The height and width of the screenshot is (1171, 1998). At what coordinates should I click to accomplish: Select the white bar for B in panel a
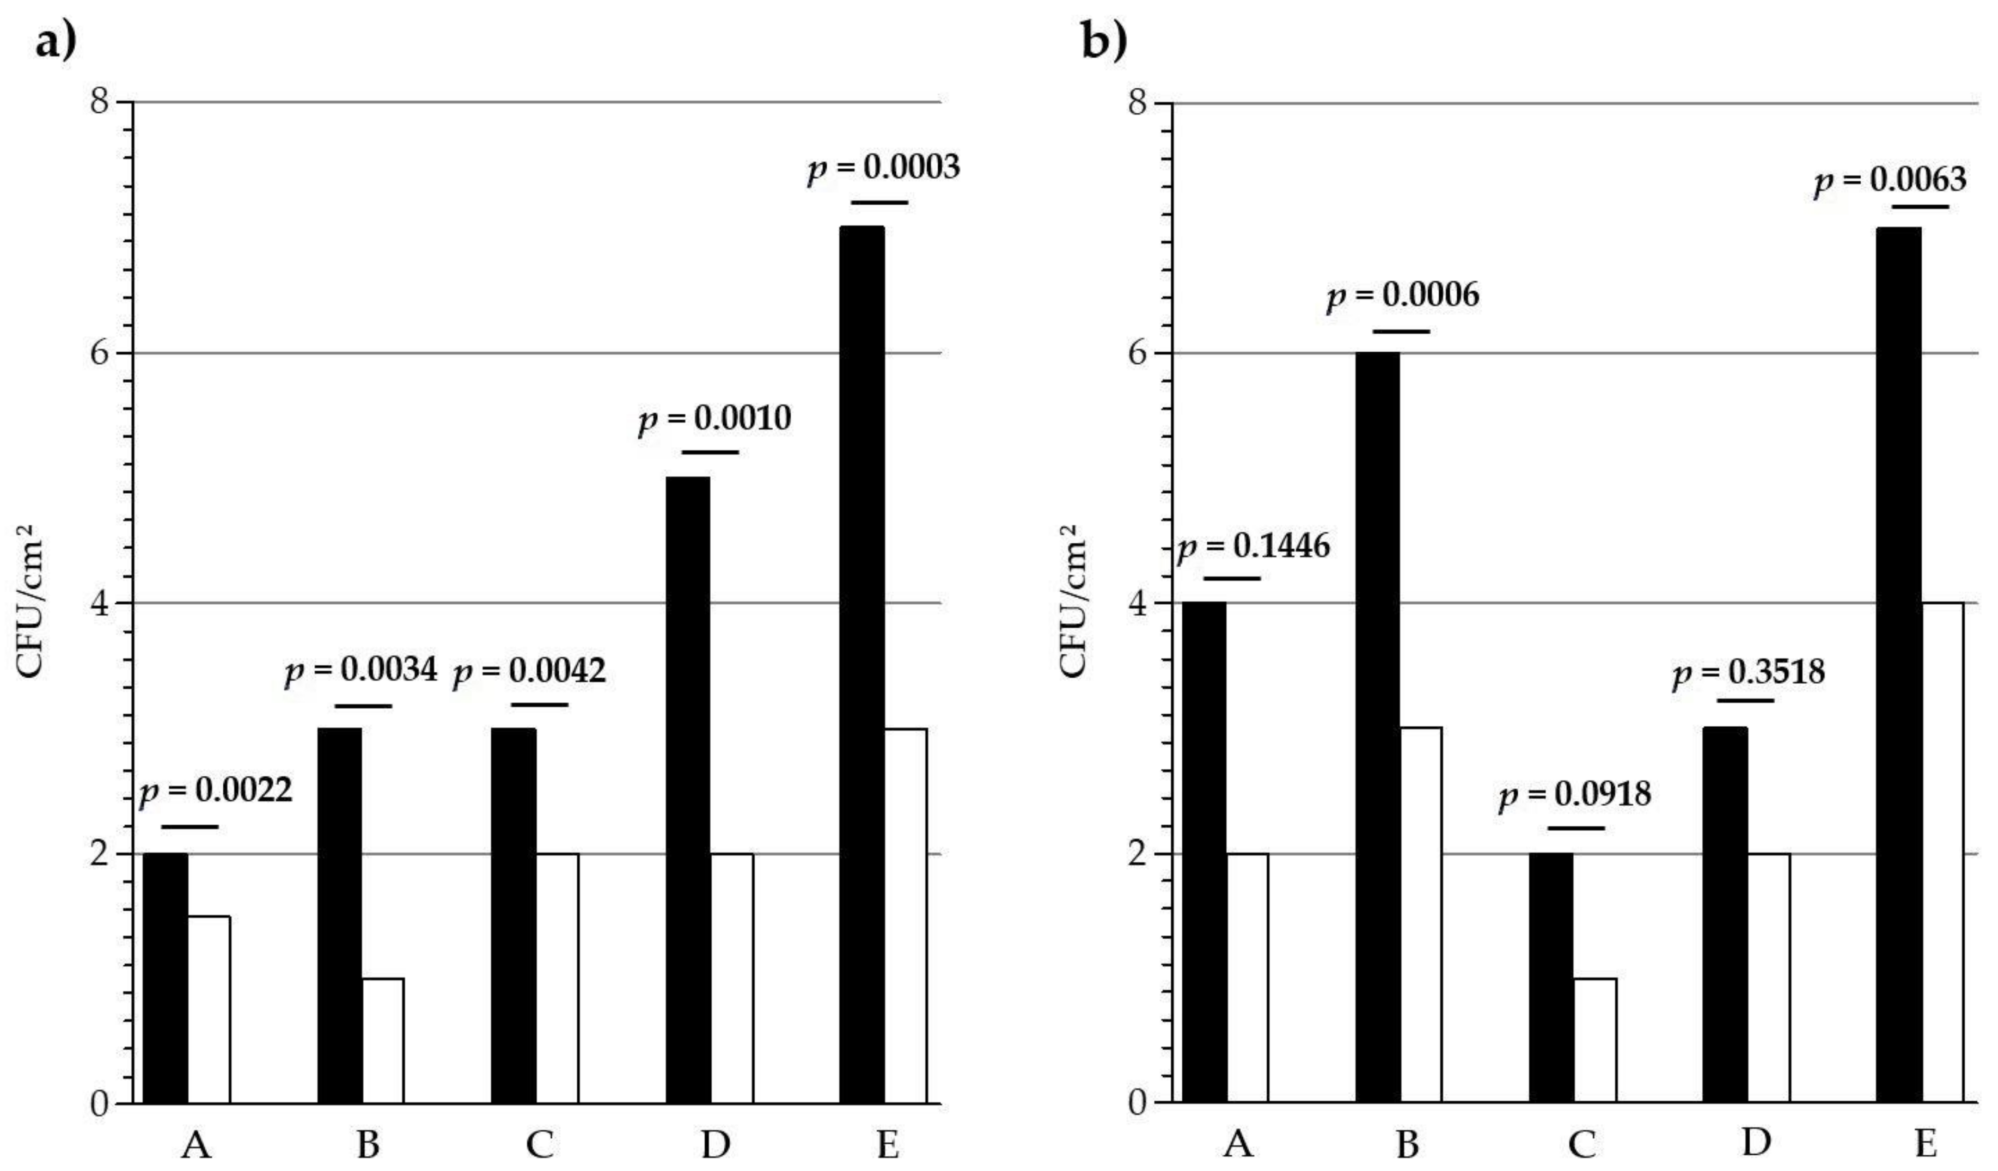(383, 1040)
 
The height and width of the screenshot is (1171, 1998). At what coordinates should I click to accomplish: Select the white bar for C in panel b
(1594, 1040)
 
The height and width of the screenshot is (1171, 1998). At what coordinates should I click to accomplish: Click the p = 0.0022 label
(216, 790)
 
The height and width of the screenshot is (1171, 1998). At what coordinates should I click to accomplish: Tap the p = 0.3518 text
(1748, 673)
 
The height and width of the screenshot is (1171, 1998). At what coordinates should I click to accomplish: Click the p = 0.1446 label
(1252, 547)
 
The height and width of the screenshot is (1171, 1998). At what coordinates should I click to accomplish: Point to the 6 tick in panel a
(99, 353)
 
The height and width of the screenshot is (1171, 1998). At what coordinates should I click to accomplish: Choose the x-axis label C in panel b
(1582, 1144)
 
